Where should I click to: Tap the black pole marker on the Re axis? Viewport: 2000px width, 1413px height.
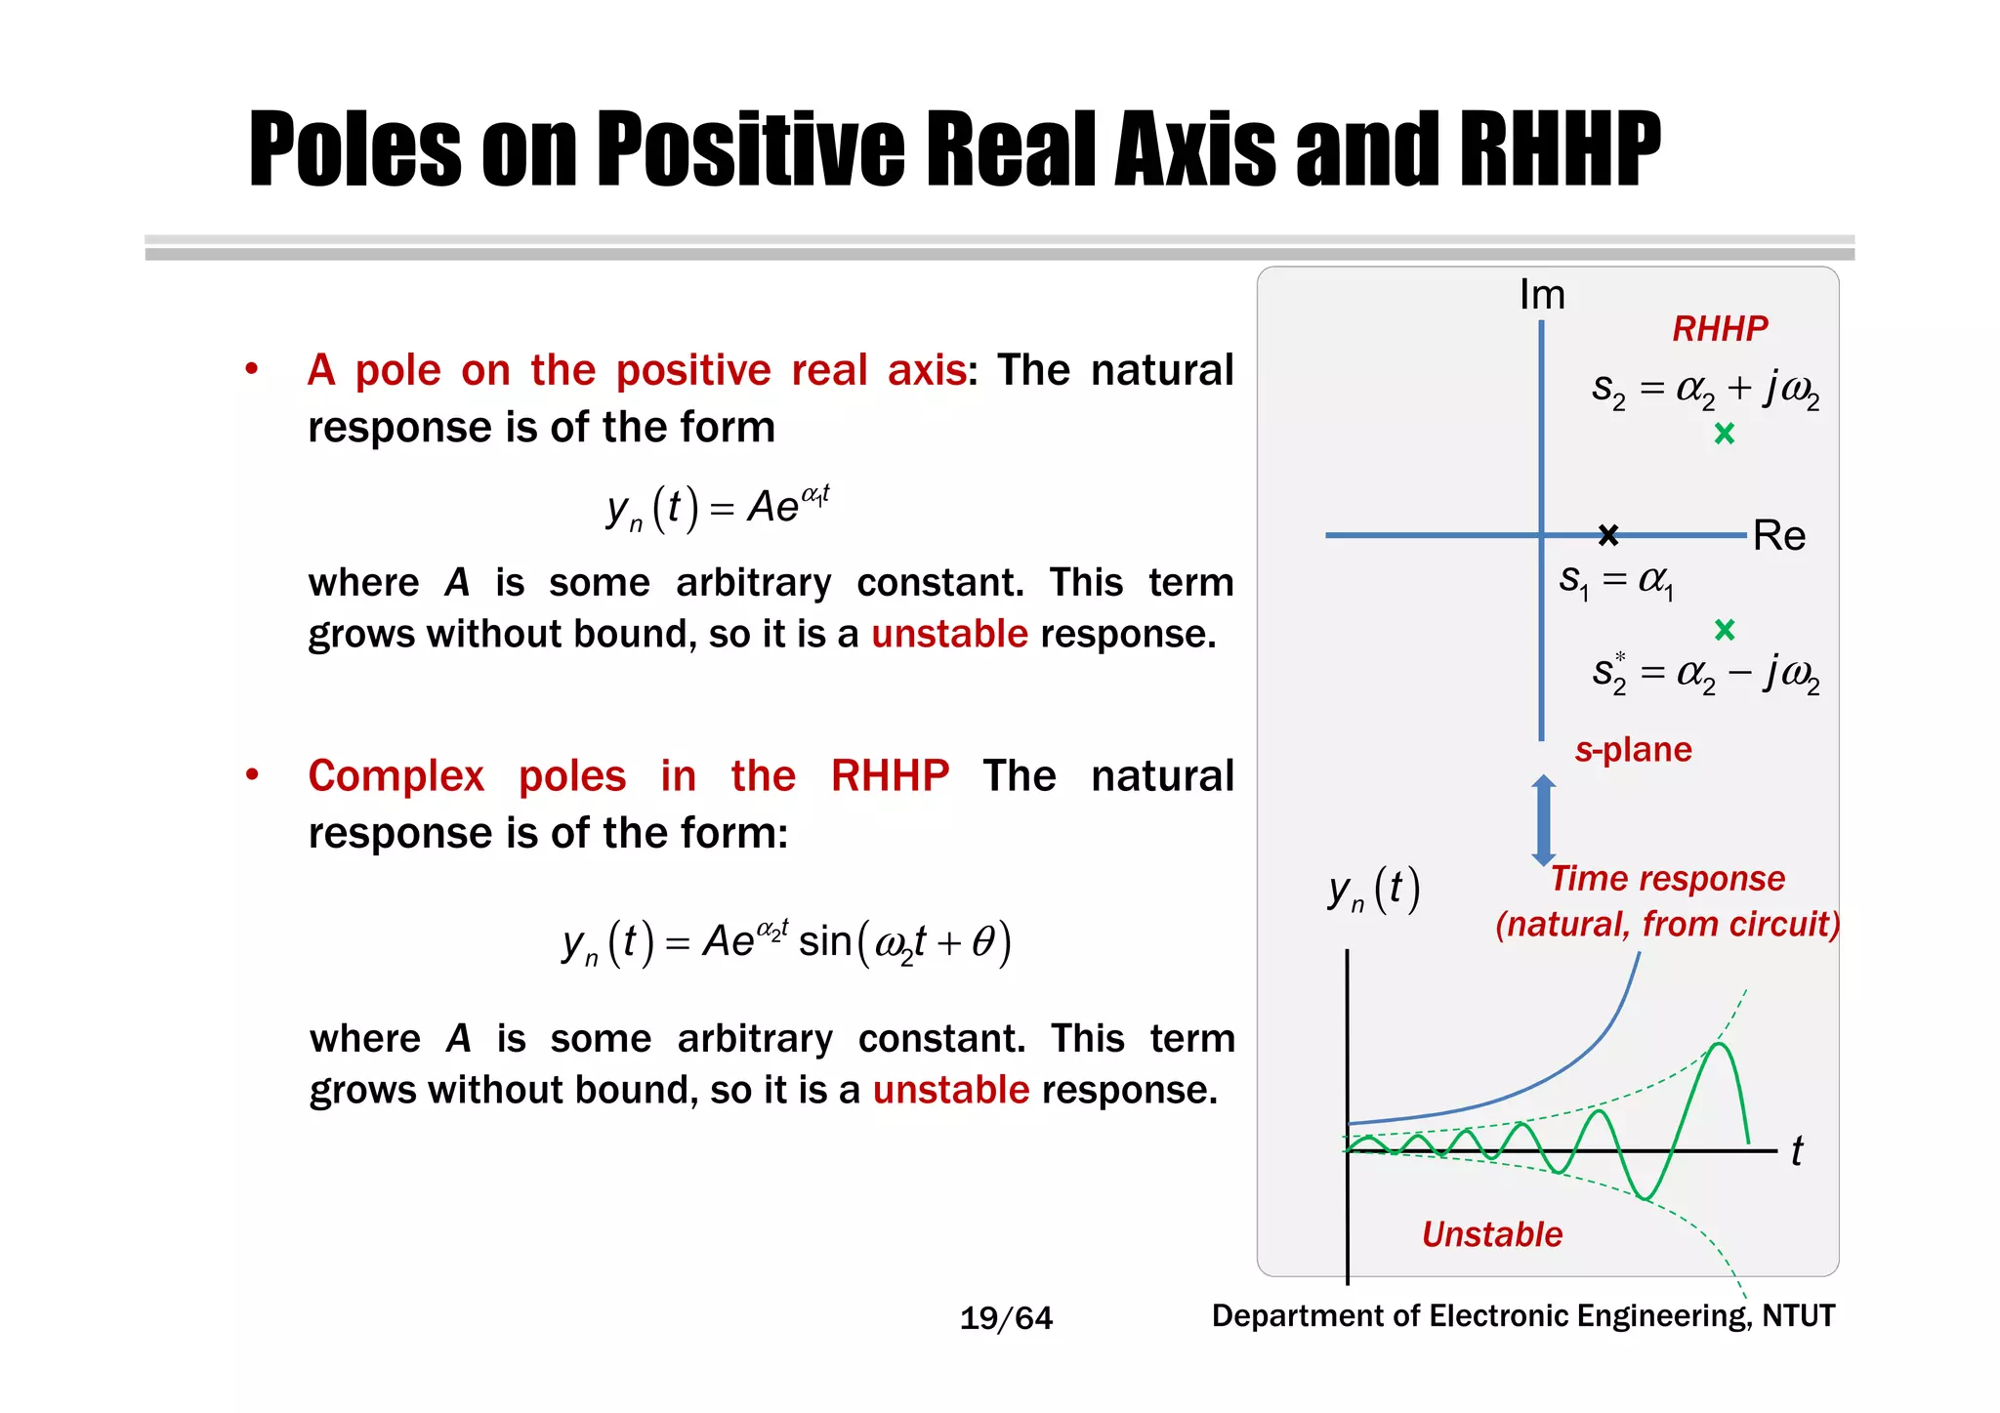[x=1608, y=534]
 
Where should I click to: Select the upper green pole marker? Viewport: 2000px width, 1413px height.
[x=1725, y=434]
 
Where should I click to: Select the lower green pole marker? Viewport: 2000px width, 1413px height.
[x=1725, y=630]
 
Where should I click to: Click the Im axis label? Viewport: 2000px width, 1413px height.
[x=1542, y=295]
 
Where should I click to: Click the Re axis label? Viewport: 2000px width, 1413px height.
[x=1778, y=536]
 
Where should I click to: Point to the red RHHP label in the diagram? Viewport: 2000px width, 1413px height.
[x=1720, y=329]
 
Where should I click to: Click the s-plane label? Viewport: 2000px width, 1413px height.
[x=1633, y=750]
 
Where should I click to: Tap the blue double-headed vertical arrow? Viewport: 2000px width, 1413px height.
[x=1543, y=820]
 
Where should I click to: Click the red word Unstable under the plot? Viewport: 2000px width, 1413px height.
[x=1491, y=1234]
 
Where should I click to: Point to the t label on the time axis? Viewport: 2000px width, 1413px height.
[x=1797, y=1151]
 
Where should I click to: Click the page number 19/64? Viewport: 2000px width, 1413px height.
[x=1006, y=1318]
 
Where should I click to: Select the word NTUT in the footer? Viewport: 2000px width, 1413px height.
[x=1798, y=1316]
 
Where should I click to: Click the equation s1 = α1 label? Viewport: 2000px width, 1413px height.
[x=1616, y=581]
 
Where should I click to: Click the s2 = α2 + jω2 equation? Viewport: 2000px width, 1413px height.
[x=1705, y=390]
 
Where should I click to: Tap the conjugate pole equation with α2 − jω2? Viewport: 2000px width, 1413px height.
[x=1705, y=673]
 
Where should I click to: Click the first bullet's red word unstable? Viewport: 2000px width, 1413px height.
[x=949, y=635]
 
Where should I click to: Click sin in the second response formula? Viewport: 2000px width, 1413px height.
[x=825, y=942]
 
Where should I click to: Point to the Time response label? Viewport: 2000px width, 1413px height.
[x=1667, y=879]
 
